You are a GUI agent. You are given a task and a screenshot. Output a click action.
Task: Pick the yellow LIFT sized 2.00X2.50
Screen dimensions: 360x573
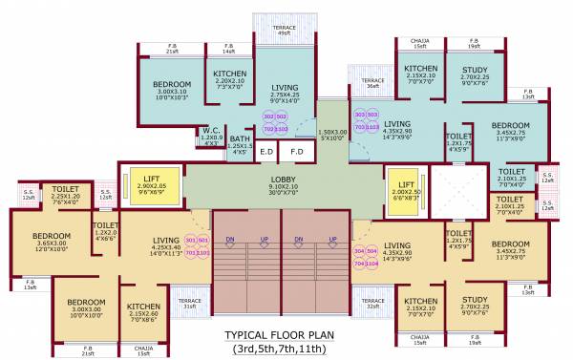pyautogui.click(x=406, y=185)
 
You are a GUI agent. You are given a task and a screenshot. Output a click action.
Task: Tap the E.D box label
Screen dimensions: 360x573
pyautogui.click(x=266, y=151)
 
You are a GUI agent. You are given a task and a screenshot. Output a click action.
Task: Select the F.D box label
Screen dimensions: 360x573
pyautogui.click(x=296, y=151)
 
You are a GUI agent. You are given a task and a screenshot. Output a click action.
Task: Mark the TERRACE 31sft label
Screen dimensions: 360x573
pyautogui.click(x=191, y=304)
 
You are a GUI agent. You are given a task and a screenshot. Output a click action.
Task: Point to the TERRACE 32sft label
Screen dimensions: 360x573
pyautogui.click(x=372, y=304)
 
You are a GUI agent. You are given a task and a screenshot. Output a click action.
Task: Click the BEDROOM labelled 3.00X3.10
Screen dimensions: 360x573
pyautogui.click(x=172, y=86)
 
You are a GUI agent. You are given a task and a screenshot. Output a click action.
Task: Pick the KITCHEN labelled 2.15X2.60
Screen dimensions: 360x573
pyautogui.click(x=143, y=307)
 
